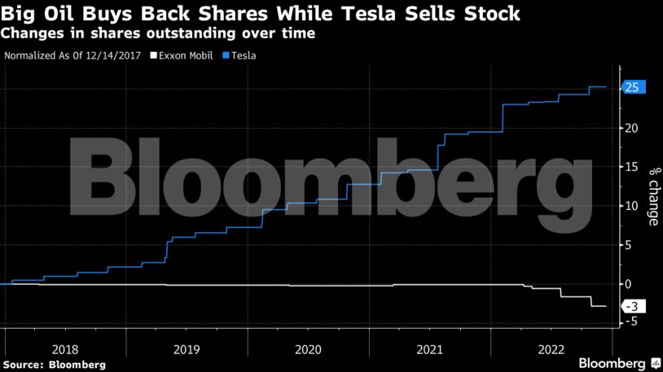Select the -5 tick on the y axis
tap(629, 322)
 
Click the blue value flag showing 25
tap(633, 87)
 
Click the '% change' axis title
tap(653, 196)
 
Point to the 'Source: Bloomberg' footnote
tap(55, 364)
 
